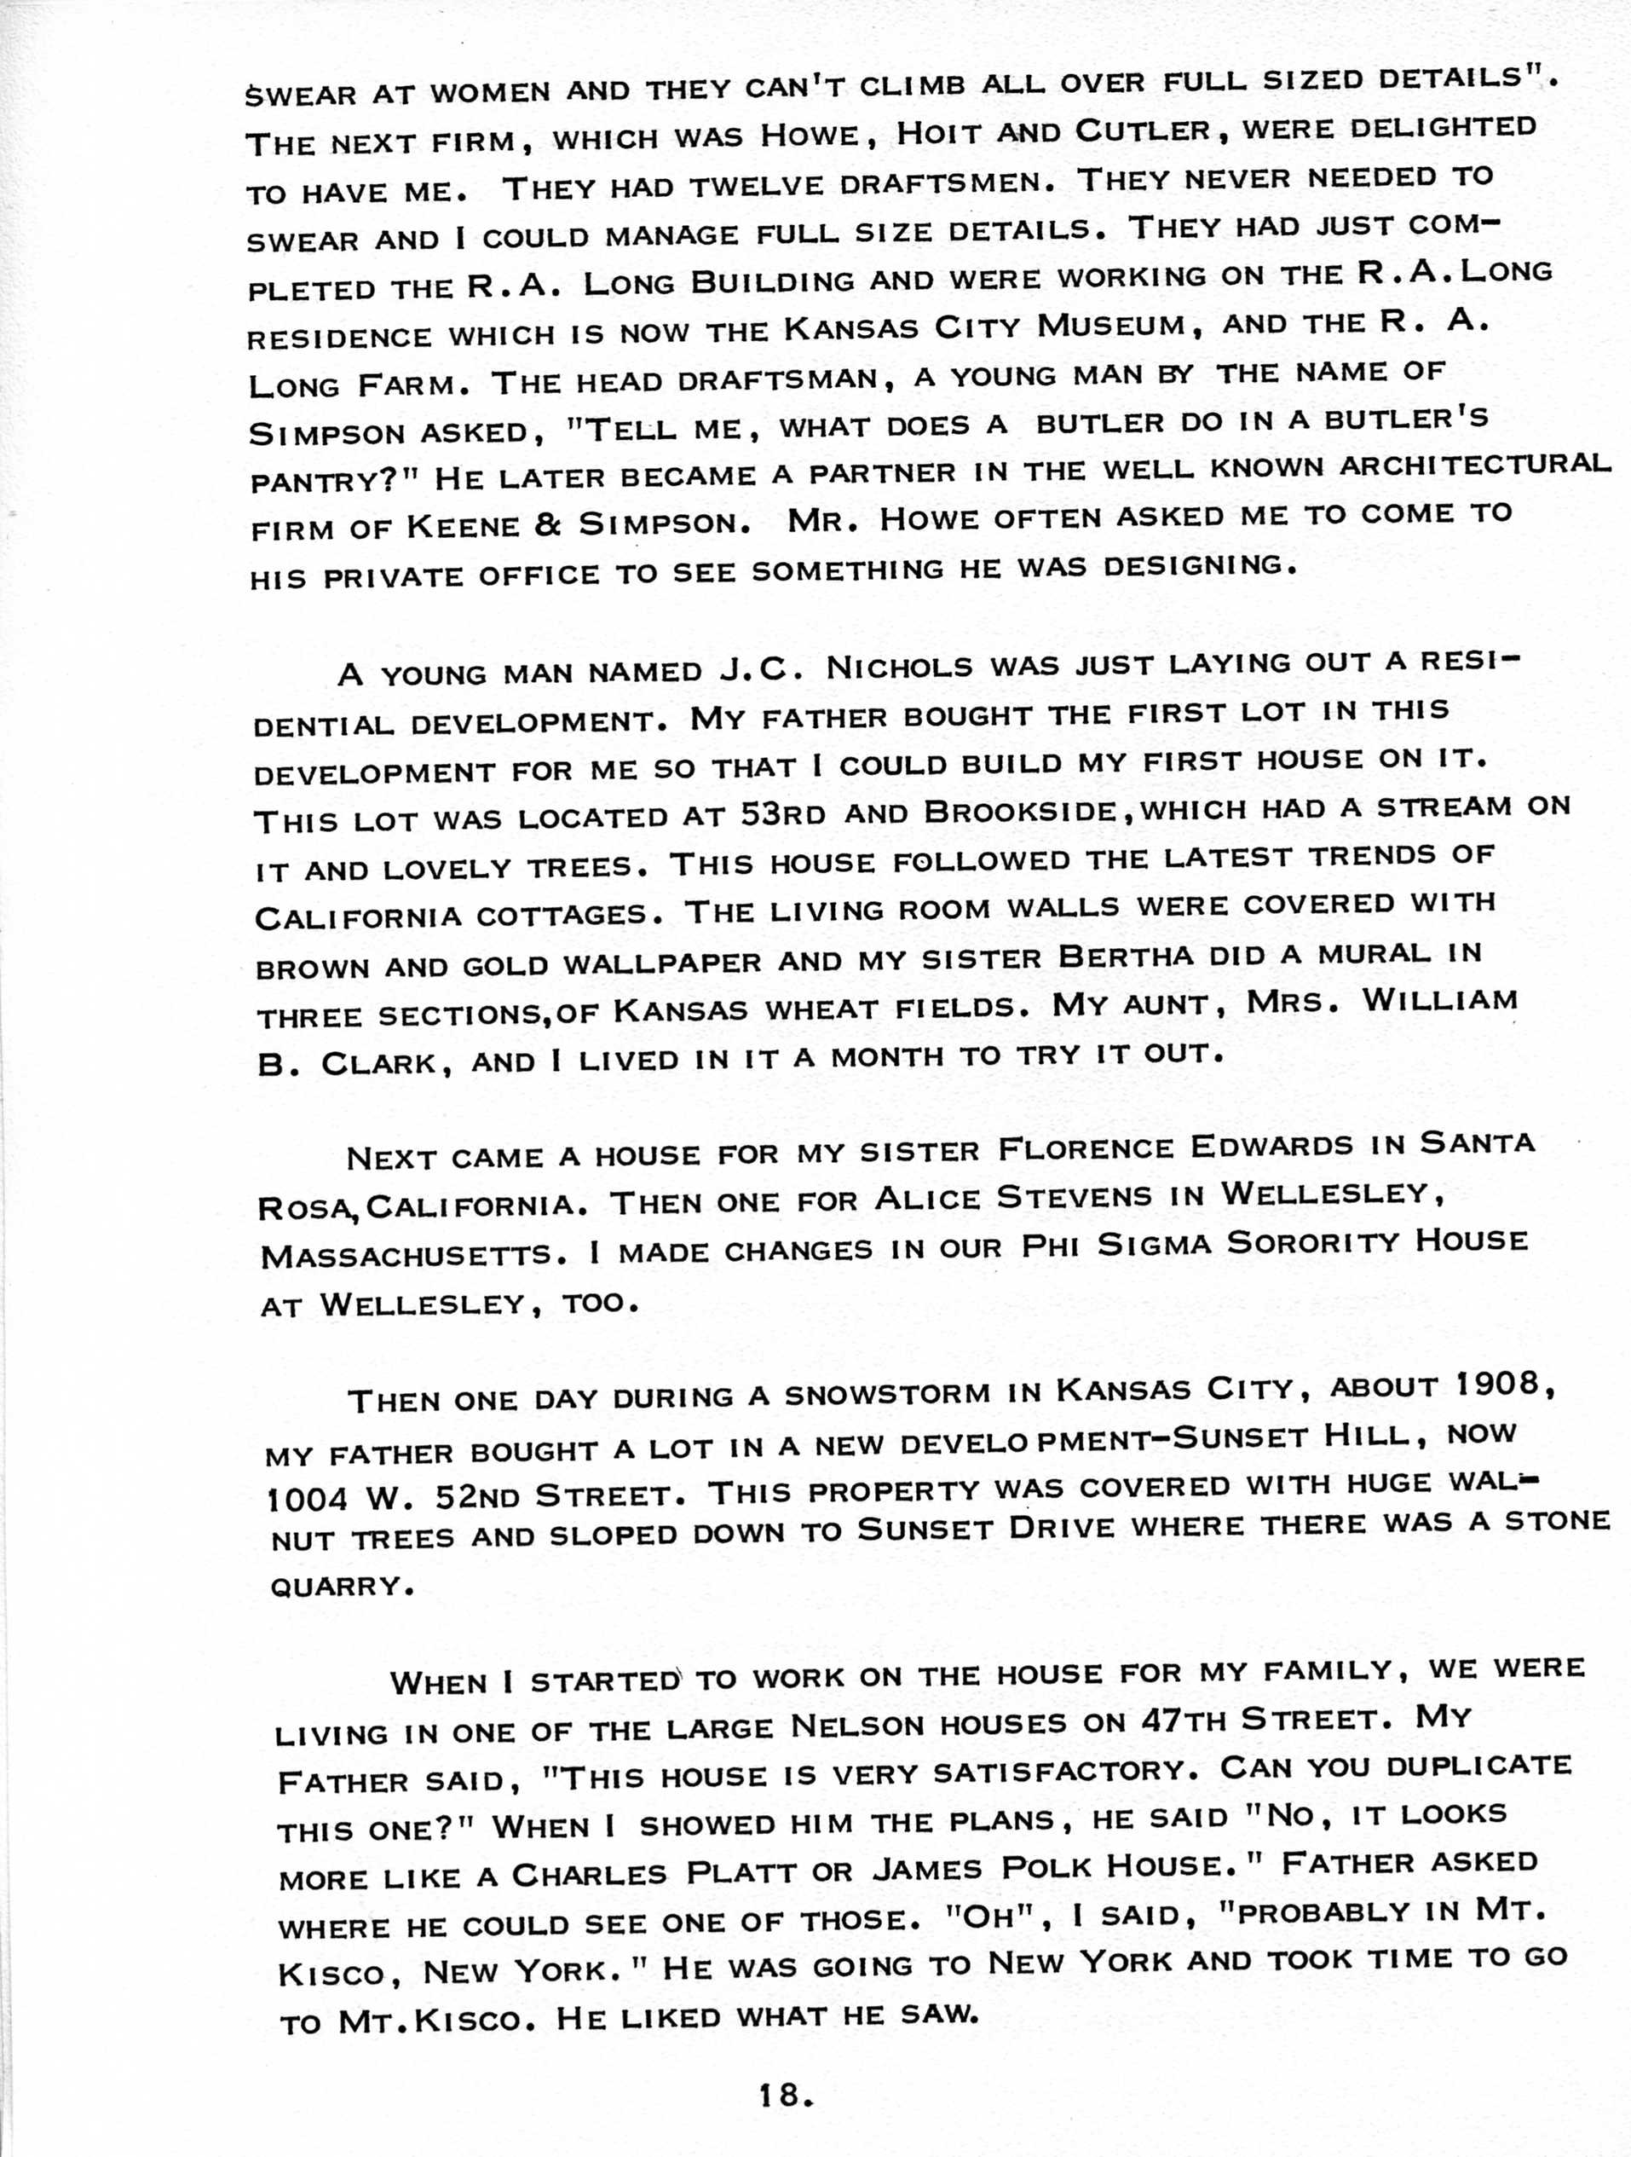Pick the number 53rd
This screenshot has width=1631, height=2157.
pos(785,813)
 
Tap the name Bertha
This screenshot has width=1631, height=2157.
pos(1125,957)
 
